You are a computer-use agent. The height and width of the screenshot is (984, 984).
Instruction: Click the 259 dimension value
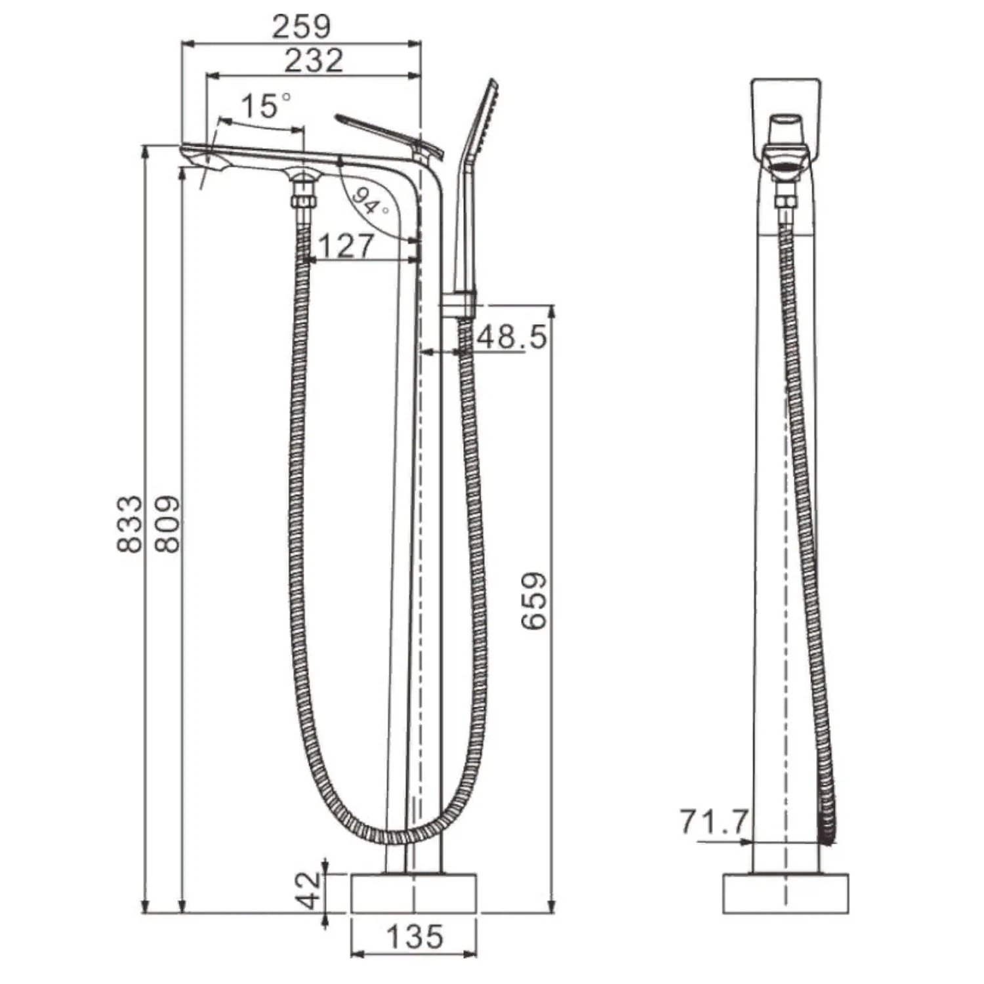pyautogui.click(x=302, y=26)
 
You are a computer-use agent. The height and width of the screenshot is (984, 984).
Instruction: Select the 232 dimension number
pyautogui.click(x=314, y=60)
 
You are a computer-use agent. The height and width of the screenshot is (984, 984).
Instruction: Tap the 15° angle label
pyautogui.click(x=266, y=105)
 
